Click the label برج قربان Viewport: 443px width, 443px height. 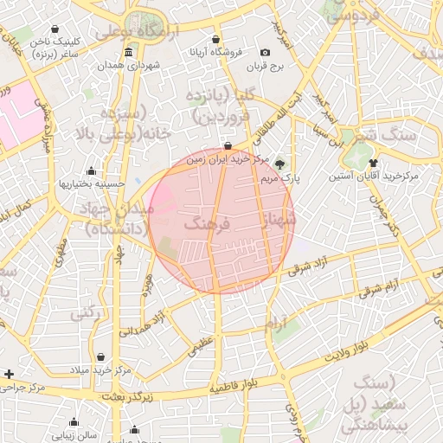265,66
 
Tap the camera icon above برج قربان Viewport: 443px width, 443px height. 265,53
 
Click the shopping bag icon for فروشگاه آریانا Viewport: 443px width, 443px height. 215,39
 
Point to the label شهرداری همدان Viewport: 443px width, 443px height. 128,65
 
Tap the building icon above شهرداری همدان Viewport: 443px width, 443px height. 128,52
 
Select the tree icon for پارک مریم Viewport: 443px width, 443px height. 279,163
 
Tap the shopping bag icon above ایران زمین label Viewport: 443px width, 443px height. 228,146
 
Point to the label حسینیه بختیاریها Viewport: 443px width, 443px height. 92,183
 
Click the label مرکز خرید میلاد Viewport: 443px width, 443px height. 102,369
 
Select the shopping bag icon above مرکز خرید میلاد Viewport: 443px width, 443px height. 102,356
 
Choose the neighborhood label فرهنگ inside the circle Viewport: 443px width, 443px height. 206,224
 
